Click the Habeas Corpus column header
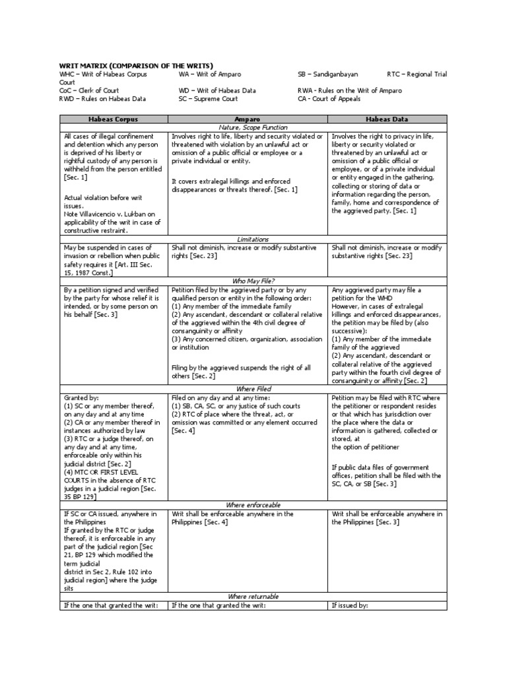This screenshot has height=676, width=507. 113,118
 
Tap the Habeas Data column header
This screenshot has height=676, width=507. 387,118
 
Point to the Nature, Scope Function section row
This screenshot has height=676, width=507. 248,127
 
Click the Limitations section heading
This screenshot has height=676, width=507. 248,238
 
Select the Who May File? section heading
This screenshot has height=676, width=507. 248,281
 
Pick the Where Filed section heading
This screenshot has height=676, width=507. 248,389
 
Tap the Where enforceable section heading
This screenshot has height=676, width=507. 248,505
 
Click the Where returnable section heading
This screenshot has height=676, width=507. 248,596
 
